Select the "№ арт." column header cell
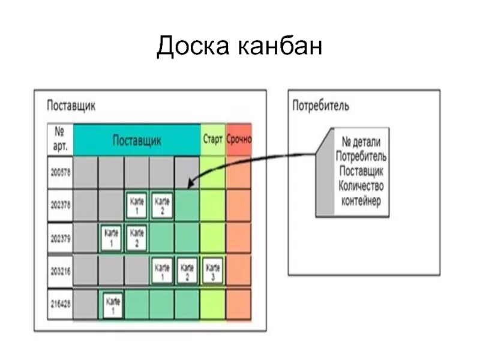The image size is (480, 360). [x=61, y=139]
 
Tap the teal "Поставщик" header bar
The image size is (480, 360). [x=137, y=140]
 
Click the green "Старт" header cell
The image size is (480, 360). [x=213, y=140]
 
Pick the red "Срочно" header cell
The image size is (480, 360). [x=239, y=140]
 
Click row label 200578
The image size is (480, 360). [x=60, y=173]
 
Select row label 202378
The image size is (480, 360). [x=60, y=205]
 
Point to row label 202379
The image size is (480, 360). [x=60, y=238]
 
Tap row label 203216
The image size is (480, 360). [x=60, y=271]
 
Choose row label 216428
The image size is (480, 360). [x=60, y=304]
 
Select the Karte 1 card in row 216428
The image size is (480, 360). [x=112, y=304]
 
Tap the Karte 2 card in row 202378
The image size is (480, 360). [x=162, y=205]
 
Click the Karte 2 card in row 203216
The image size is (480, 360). [x=187, y=271]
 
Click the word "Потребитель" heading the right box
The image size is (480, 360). [x=320, y=107]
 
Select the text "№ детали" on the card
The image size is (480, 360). [x=362, y=143]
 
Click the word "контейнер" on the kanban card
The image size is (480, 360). [x=361, y=201]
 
